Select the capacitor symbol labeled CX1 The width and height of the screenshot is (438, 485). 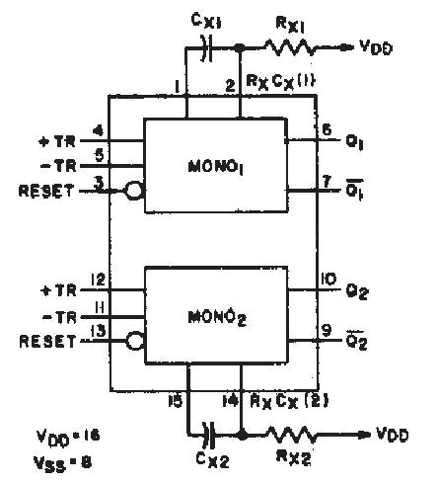pyautogui.click(x=206, y=46)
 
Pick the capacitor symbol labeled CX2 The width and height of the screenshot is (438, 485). pyautogui.click(x=206, y=432)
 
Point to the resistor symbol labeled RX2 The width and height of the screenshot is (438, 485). pyautogui.click(x=295, y=432)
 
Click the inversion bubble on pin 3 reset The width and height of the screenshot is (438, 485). pyautogui.click(x=135, y=185)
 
